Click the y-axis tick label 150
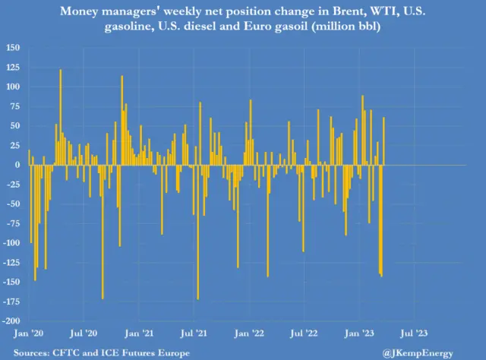[x=14, y=47]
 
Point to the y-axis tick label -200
[x=12, y=321]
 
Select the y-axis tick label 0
[x=17, y=165]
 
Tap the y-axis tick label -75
[x=13, y=223]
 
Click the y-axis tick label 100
[x=14, y=86]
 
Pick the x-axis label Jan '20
[x=30, y=333]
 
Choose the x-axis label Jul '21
[x=197, y=333]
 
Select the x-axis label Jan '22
[x=252, y=333]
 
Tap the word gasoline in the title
[x=143, y=27]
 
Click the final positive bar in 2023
[x=384, y=141]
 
